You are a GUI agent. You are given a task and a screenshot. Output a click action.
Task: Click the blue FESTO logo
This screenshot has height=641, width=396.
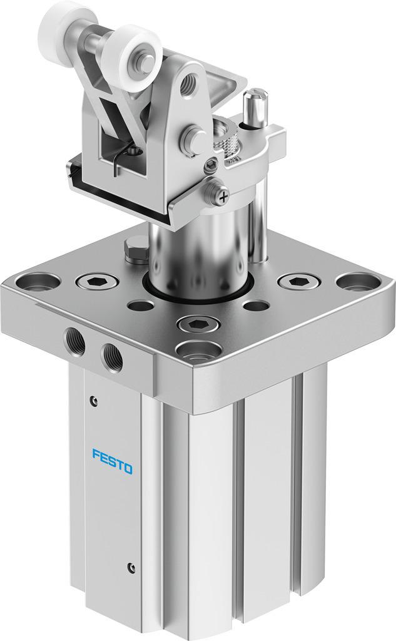point(113,461)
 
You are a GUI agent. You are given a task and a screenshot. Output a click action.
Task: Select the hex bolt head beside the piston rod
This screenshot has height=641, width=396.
point(135,249)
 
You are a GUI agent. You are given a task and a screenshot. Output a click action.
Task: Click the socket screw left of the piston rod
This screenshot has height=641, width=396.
point(97,281)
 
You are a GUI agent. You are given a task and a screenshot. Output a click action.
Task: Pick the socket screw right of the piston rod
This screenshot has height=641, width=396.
point(298,281)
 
